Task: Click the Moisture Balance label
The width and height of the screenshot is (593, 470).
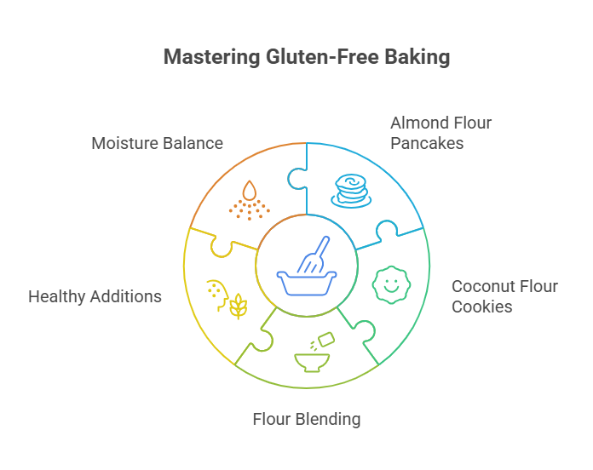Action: point(158,143)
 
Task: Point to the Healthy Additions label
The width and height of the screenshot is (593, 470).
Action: point(95,297)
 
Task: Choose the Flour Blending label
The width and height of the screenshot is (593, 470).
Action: point(307,419)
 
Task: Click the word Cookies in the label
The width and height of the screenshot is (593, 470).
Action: point(482,307)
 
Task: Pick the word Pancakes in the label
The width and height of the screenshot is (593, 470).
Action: point(427,143)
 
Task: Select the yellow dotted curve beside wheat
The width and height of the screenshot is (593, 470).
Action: point(214,292)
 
